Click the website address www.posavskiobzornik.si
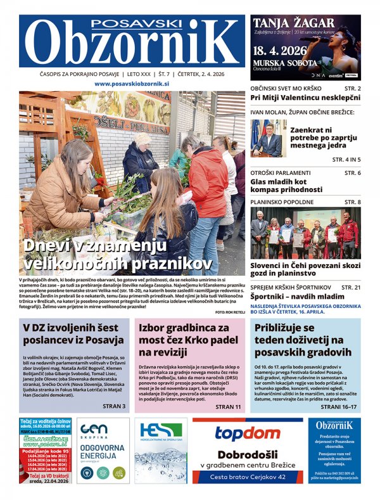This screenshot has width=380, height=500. point(132,84)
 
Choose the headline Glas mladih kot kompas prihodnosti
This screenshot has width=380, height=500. point(287,185)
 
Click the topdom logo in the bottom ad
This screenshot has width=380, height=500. point(247,434)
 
